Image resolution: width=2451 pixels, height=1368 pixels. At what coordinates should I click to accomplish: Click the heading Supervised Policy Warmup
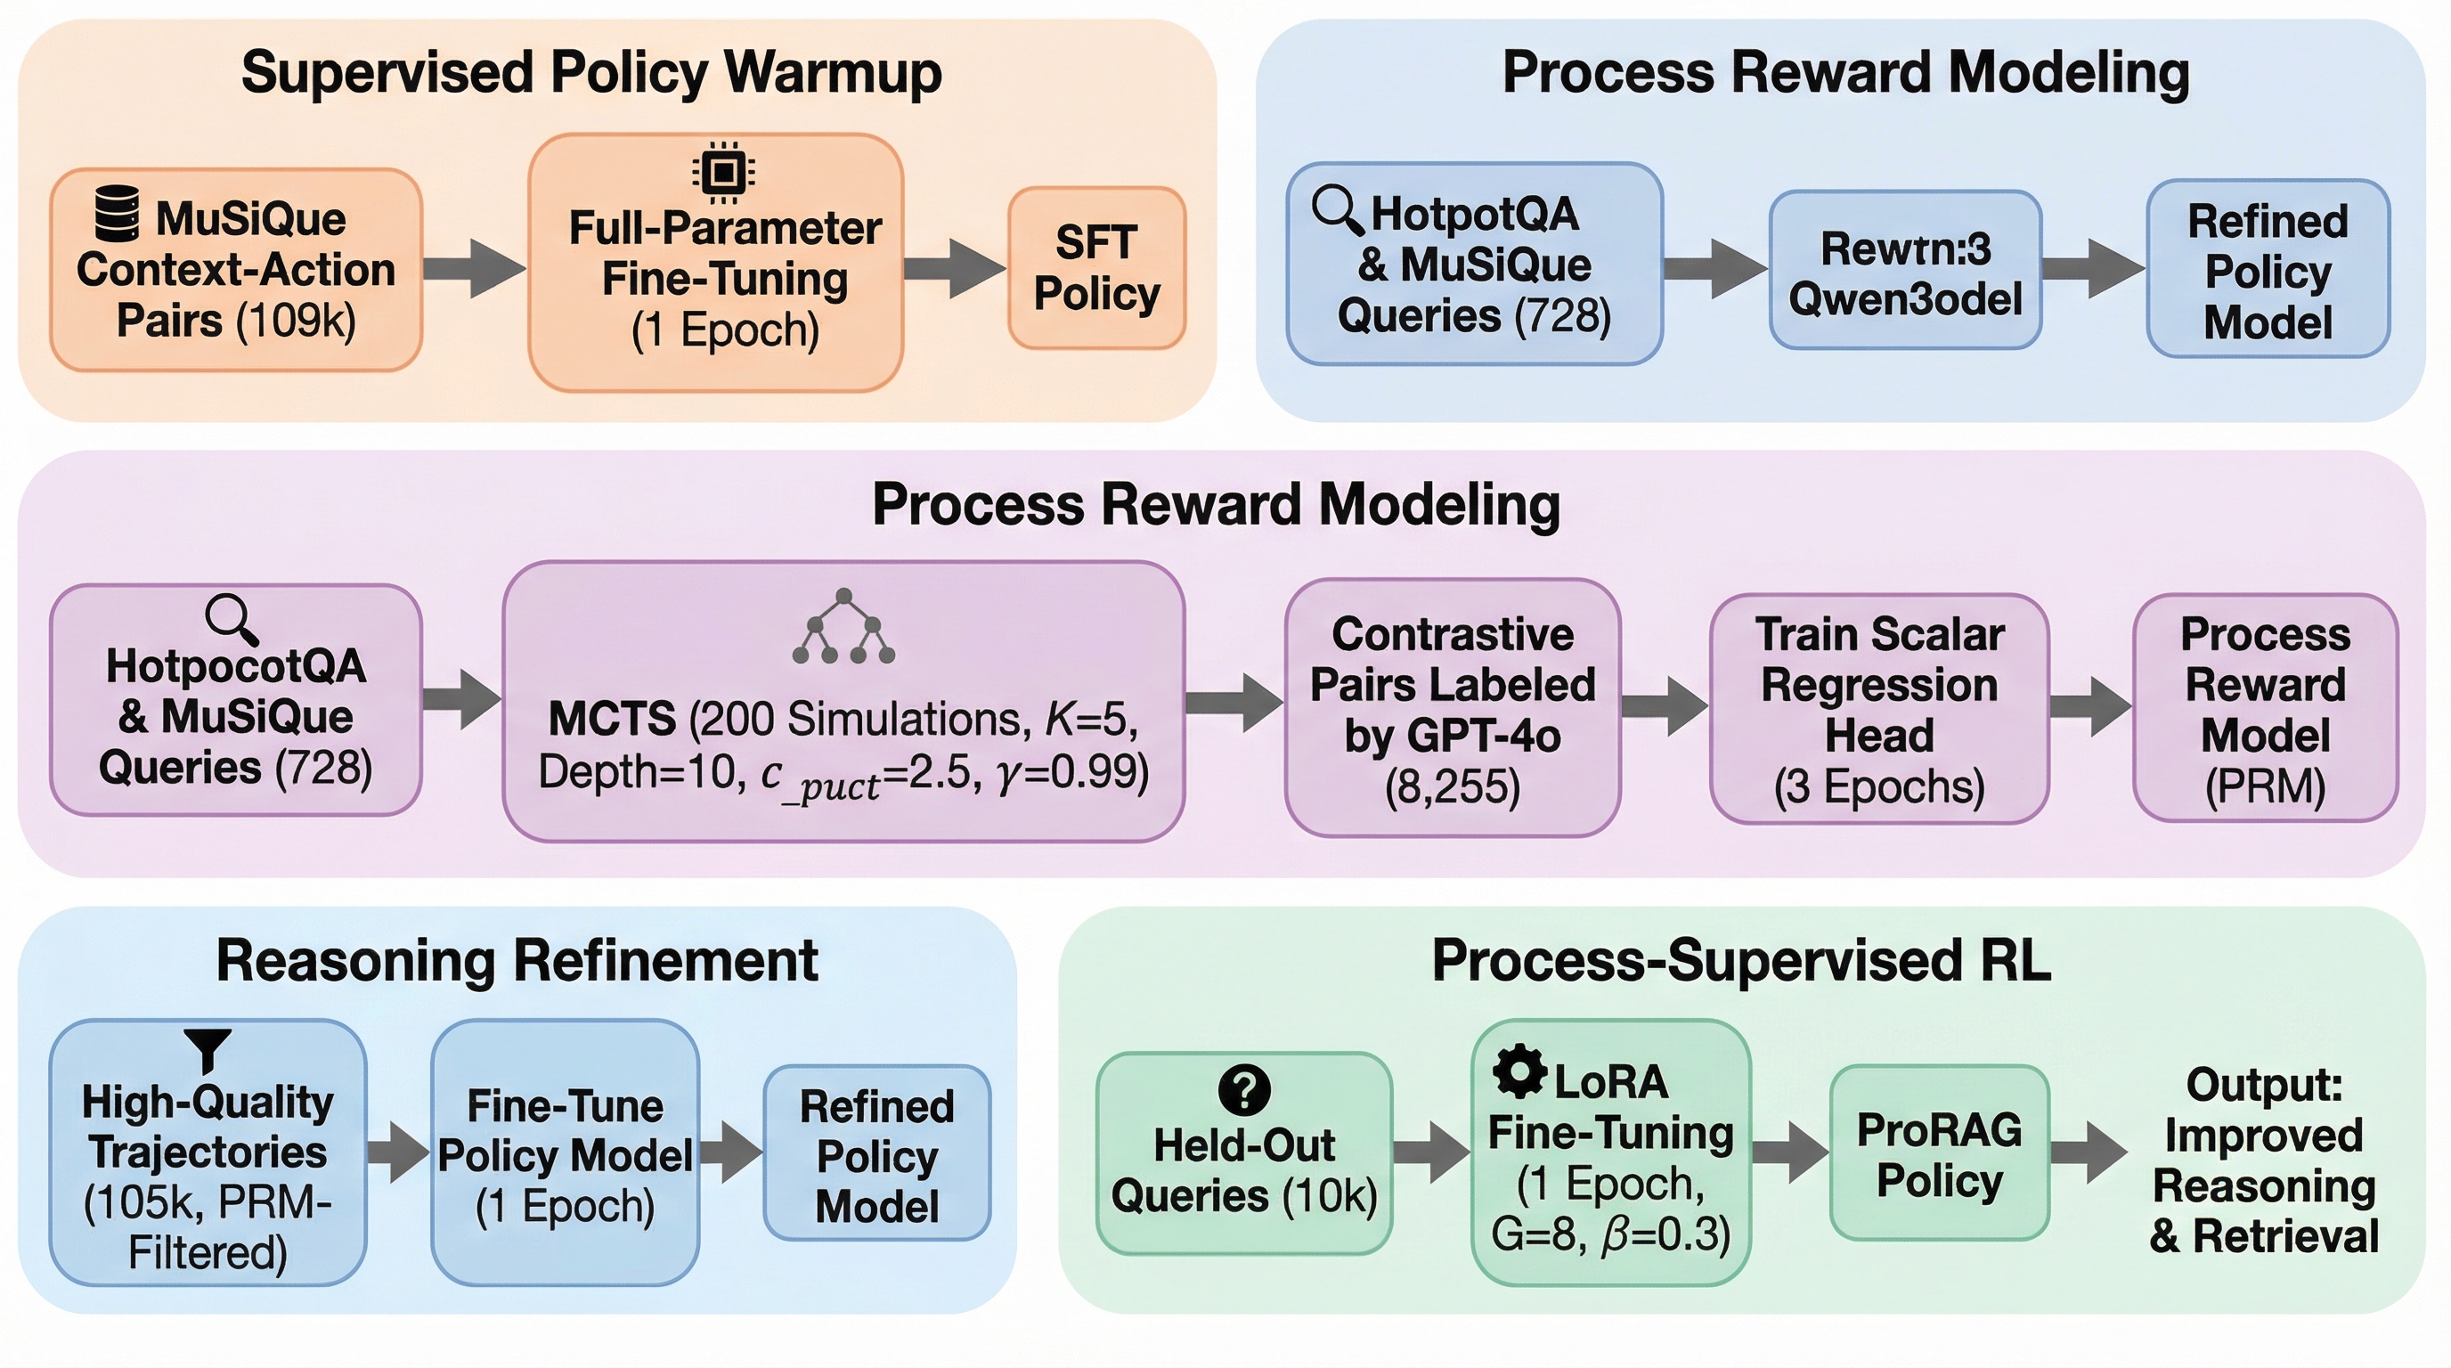click(x=590, y=73)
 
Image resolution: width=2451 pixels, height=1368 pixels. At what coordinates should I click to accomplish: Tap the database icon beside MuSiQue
click(x=118, y=214)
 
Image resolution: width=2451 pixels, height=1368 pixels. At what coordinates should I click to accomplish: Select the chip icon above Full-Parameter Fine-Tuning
click(x=723, y=172)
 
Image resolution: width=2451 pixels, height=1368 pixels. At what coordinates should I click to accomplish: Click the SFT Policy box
click(x=1096, y=268)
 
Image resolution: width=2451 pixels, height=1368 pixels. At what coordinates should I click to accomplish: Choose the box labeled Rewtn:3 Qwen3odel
click(x=1905, y=270)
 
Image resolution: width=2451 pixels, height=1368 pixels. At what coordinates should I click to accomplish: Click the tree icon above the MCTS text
click(x=844, y=627)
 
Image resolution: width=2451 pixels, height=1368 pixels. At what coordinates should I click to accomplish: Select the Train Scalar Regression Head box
click(x=1879, y=709)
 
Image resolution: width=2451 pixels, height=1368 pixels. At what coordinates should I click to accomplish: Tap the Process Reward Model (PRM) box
click(x=2265, y=709)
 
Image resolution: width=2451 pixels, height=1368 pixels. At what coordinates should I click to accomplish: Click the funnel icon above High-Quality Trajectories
click(x=208, y=1049)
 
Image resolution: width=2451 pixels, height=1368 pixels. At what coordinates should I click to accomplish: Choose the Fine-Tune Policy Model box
click(x=566, y=1153)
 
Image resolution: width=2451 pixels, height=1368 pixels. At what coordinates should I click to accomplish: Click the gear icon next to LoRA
click(x=1519, y=1071)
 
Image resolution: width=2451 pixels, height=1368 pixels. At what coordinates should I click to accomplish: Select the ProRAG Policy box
click(x=1939, y=1153)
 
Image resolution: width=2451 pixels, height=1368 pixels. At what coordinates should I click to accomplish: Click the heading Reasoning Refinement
click(x=517, y=961)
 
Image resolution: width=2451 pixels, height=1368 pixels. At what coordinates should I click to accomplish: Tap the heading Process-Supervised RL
click(x=1740, y=961)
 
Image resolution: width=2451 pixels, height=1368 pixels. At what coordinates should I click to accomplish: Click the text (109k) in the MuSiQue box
click(x=296, y=321)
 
